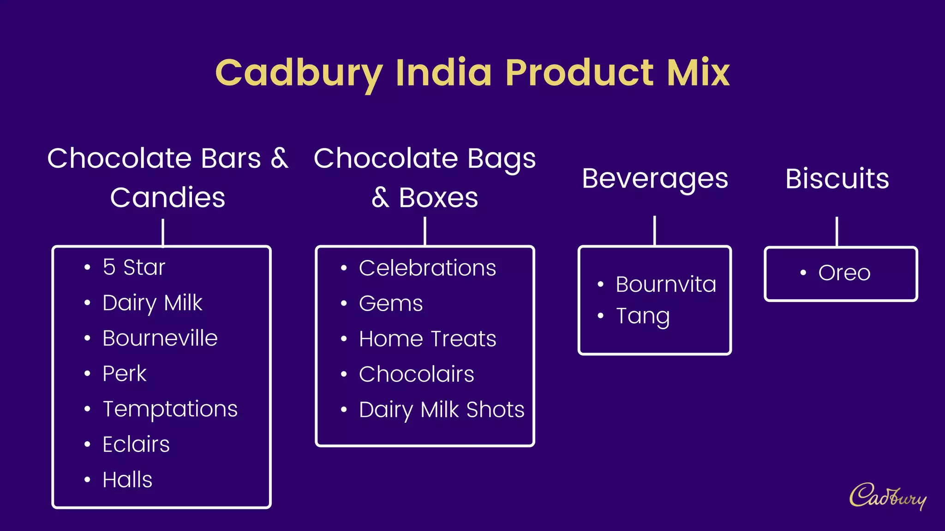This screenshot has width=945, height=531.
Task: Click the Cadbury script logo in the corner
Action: coord(887,496)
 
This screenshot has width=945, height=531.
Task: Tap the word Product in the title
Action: coord(580,72)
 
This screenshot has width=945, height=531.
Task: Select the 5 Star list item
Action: coord(134,267)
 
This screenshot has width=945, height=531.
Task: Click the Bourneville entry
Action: coord(160,338)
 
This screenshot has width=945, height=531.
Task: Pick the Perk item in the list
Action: coord(124,373)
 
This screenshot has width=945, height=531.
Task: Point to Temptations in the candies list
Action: coord(170,409)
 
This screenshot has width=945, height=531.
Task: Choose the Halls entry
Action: coord(127,480)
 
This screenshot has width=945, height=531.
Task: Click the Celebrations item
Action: coord(427,268)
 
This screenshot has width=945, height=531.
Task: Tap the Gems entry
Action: coord(391,304)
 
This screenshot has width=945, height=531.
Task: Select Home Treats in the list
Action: coord(427,339)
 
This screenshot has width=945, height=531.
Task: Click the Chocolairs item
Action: coord(416,374)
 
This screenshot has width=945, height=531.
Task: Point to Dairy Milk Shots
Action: coord(442,410)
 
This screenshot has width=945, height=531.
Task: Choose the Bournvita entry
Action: coord(666,284)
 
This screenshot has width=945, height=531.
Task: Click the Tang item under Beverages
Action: coord(643,316)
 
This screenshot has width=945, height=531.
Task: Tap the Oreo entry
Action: coord(844,273)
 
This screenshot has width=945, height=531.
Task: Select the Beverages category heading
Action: coord(655,179)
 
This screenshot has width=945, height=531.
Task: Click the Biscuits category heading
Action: coord(837,179)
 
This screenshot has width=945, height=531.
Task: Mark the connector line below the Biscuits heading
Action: coord(837,231)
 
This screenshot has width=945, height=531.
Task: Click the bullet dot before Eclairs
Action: coord(87,444)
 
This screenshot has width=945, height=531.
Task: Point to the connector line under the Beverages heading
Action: coord(654,230)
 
